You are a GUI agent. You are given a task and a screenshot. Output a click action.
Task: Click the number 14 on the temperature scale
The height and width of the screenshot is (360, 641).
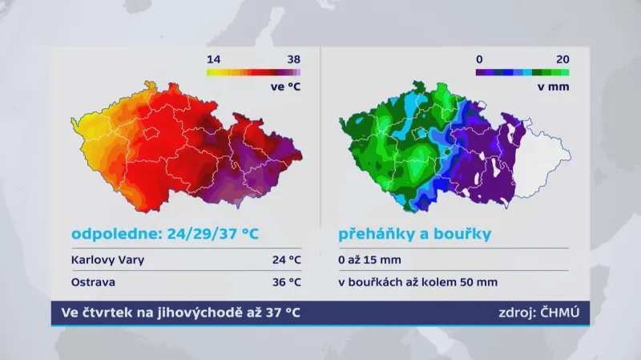click(x=213, y=59)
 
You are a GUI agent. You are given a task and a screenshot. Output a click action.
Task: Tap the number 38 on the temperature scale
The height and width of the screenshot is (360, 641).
click(x=293, y=59)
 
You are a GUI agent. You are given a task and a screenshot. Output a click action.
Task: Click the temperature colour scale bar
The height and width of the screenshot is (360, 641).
click(x=253, y=72)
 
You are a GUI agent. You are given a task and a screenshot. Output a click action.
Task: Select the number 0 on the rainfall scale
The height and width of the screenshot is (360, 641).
click(x=479, y=59)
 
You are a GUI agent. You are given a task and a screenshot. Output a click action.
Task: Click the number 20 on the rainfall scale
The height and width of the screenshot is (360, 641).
click(x=562, y=59)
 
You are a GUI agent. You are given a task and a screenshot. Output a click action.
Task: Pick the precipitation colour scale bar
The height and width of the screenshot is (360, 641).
click(x=522, y=72)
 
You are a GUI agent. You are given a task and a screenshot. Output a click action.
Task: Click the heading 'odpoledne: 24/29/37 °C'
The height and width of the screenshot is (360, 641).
click(x=165, y=235)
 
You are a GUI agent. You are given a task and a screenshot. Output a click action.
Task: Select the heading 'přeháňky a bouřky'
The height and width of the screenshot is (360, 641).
click(x=414, y=235)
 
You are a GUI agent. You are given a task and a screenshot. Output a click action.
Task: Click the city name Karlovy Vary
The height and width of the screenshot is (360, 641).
click(x=108, y=260)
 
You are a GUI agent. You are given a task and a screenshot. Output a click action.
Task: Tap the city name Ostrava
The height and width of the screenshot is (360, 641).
click(x=93, y=282)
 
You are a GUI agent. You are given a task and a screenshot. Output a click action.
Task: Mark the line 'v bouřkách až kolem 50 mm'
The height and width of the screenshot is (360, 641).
click(x=417, y=282)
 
